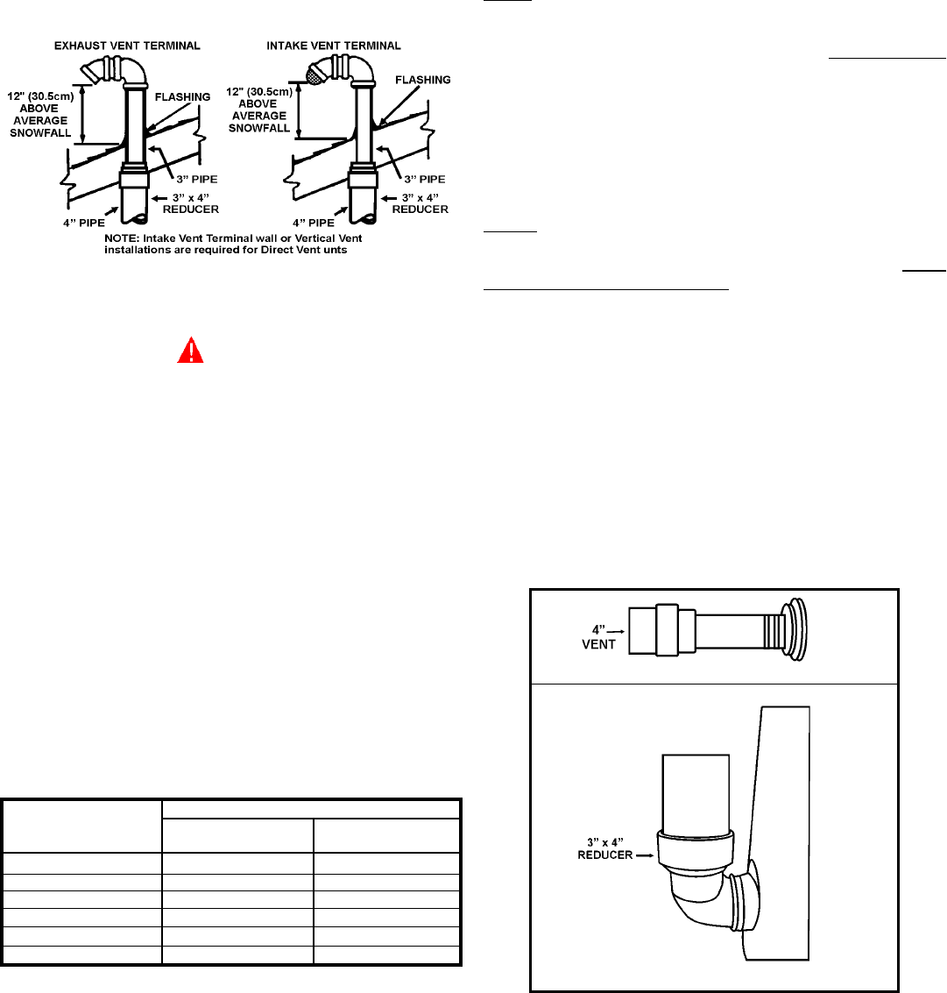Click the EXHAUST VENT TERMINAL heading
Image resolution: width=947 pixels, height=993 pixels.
point(127,46)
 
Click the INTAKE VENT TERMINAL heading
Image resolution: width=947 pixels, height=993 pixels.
point(334,46)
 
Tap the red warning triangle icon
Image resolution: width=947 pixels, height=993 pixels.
point(191,351)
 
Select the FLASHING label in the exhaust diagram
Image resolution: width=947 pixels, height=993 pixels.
point(182,97)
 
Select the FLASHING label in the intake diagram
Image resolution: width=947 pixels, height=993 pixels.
point(423,80)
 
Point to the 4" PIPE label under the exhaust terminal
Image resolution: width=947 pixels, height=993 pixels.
point(83,223)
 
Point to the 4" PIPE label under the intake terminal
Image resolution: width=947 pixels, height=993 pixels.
point(313,223)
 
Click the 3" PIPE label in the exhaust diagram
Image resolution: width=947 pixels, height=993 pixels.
point(196,179)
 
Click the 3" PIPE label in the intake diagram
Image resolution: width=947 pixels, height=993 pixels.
point(425,179)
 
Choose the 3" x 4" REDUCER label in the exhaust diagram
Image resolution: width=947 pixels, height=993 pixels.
point(191,203)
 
